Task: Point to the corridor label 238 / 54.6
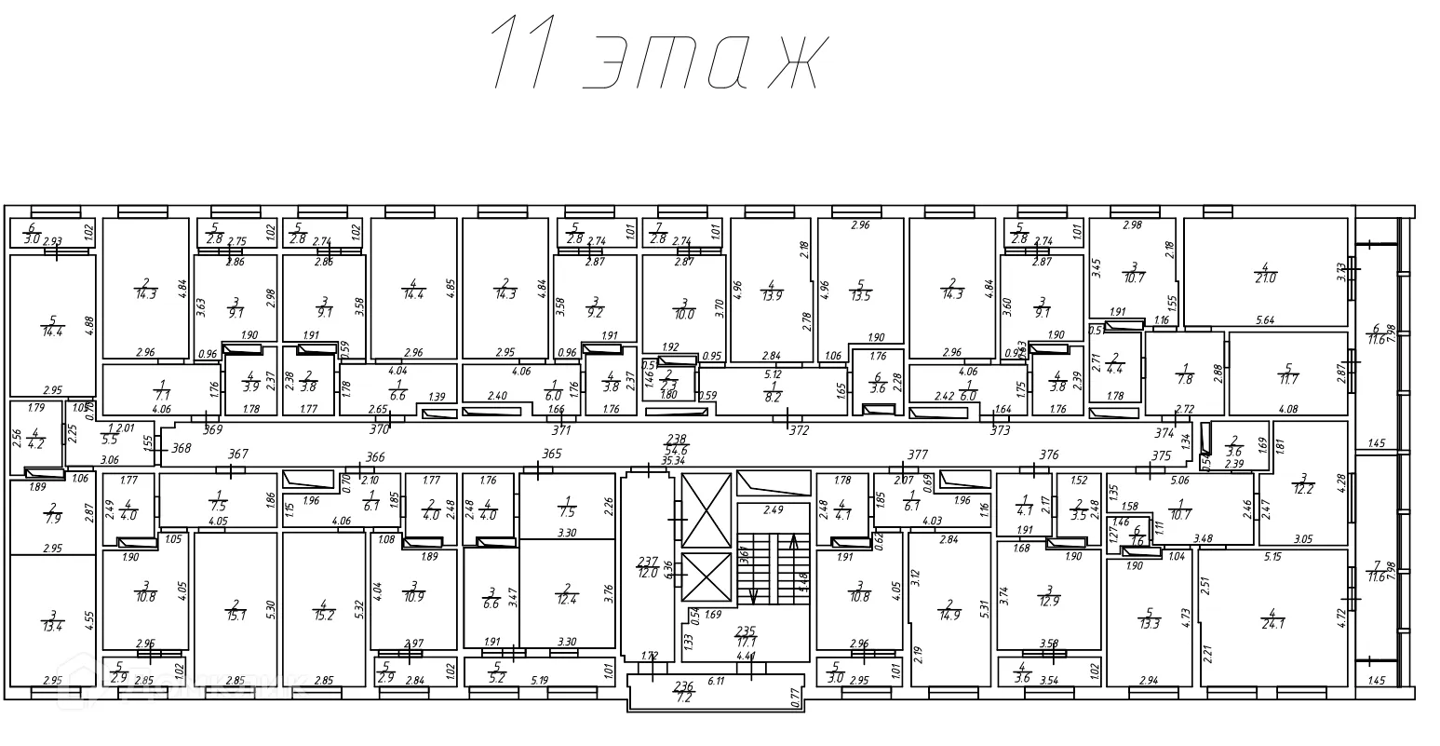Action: pyautogui.click(x=677, y=444)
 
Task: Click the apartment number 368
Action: pyautogui.click(x=181, y=448)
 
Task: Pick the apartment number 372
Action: pyautogui.click(x=799, y=430)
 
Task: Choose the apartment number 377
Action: pyautogui.click(x=918, y=455)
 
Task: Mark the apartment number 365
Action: pyautogui.click(x=552, y=454)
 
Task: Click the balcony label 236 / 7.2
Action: pyautogui.click(x=683, y=691)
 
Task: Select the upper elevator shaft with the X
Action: pyautogui.click(x=707, y=510)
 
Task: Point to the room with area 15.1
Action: pyautogui.click(x=236, y=609)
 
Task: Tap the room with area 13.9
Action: pyautogui.click(x=771, y=290)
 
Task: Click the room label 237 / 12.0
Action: pyautogui.click(x=648, y=567)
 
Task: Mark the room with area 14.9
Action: pyautogui.click(x=949, y=609)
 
